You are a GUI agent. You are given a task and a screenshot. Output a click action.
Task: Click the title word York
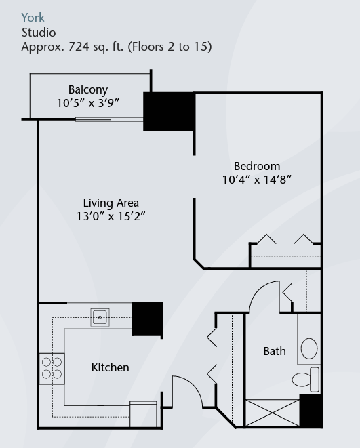pyautogui.click(x=33, y=18)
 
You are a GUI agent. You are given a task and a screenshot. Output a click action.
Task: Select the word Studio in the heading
pyautogui.click(x=39, y=33)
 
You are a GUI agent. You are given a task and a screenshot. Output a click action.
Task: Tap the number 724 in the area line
pyautogui.click(x=79, y=47)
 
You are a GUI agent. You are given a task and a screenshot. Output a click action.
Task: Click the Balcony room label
pyautogui.click(x=88, y=90)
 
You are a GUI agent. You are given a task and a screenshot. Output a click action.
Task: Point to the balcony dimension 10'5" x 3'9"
pyautogui.click(x=87, y=103)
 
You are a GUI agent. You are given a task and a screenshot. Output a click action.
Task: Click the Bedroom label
pyautogui.click(x=257, y=166)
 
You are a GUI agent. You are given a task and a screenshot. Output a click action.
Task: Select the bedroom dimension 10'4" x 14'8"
pyautogui.click(x=257, y=180)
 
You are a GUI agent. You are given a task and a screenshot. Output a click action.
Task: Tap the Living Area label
pyautogui.click(x=111, y=203)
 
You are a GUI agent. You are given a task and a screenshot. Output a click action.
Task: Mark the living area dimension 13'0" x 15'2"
pyautogui.click(x=111, y=216)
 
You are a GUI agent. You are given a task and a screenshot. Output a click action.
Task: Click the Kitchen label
pyautogui.click(x=111, y=367)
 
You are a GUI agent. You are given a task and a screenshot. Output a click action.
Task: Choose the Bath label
pyautogui.click(x=275, y=351)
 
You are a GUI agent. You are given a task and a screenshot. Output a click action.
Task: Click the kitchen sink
pyautogui.click(x=100, y=317)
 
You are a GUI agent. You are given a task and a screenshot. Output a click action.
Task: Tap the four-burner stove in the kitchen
pyautogui.click(x=52, y=369)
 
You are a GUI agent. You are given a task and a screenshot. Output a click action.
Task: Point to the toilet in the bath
pyautogui.click(x=306, y=380)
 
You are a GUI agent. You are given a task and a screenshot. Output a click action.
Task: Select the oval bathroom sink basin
pyautogui.click(x=309, y=348)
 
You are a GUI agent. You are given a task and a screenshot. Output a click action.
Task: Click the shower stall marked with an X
pyautogui.click(x=273, y=413)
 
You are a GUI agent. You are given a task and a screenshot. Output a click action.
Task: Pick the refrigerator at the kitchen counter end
pyautogui.click(x=143, y=414)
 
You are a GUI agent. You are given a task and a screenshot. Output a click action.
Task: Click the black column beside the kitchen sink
pyautogui.click(x=147, y=319)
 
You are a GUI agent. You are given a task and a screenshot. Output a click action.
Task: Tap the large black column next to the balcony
pyautogui.click(x=169, y=111)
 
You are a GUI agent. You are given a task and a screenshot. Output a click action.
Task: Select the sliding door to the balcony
pyautogui.click(x=109, y=120)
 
